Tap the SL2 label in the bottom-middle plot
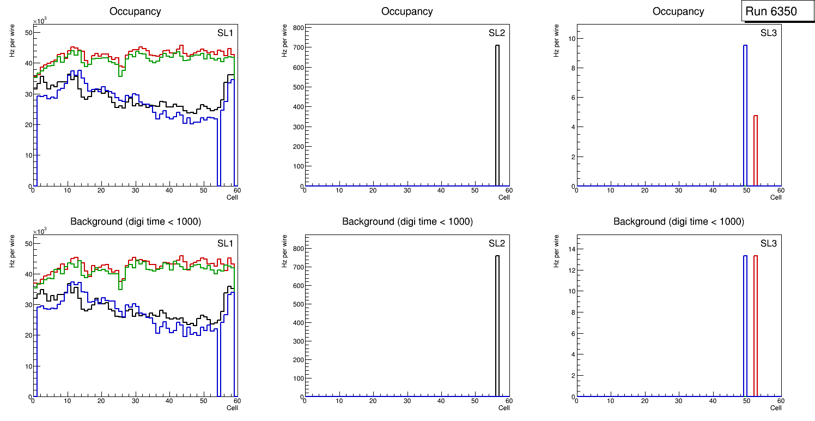(497, 243)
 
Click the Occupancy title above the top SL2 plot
(407, 11)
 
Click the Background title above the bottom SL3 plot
(678, 222)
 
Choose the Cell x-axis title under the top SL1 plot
(232, 197)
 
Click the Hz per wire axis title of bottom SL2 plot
(284, 251)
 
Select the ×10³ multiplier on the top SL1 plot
(40, 21)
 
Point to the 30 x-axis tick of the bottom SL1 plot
(135, 401)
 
